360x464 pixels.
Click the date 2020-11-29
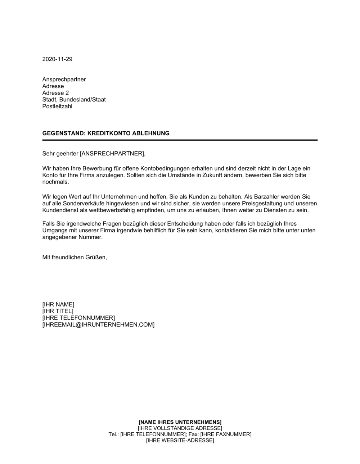57,59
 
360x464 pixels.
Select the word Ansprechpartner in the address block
64,79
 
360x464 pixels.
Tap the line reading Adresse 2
55,93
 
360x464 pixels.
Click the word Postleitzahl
57,106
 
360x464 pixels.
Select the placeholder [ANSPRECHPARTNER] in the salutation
112,154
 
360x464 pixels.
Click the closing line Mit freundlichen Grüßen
75,258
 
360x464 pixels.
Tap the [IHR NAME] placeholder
58,304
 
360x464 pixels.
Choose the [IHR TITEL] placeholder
58,311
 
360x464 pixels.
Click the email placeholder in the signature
98,325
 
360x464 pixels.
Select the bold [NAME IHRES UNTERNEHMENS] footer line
180,422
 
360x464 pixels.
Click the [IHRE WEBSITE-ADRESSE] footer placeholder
180,440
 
